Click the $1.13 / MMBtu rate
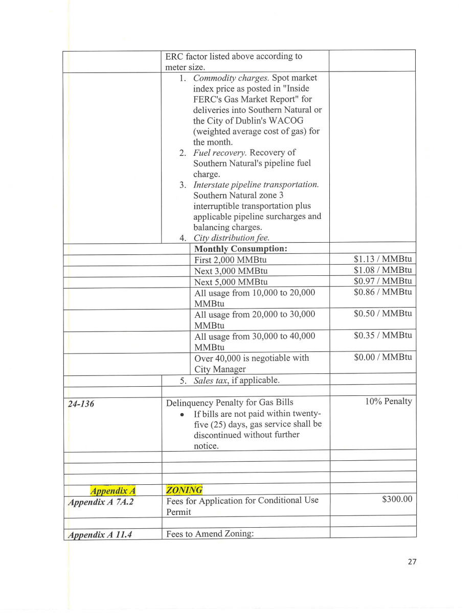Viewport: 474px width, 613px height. (382, 260)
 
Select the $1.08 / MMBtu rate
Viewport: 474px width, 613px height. (382, 270)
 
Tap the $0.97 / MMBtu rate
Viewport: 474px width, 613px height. (382, 281)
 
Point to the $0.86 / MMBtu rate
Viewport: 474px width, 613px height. (382, 292)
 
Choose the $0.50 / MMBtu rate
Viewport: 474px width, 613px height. (382, 314)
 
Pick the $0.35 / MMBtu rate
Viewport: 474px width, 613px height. (382, 336)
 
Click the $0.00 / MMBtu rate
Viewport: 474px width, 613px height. (382, 357)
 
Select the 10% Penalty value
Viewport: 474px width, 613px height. (388, 402)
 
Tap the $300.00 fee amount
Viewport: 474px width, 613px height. (397, 499)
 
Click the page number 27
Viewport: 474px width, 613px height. (412, 562)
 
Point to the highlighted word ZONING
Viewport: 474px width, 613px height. (184, 490)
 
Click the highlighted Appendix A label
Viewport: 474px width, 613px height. (112, 491)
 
